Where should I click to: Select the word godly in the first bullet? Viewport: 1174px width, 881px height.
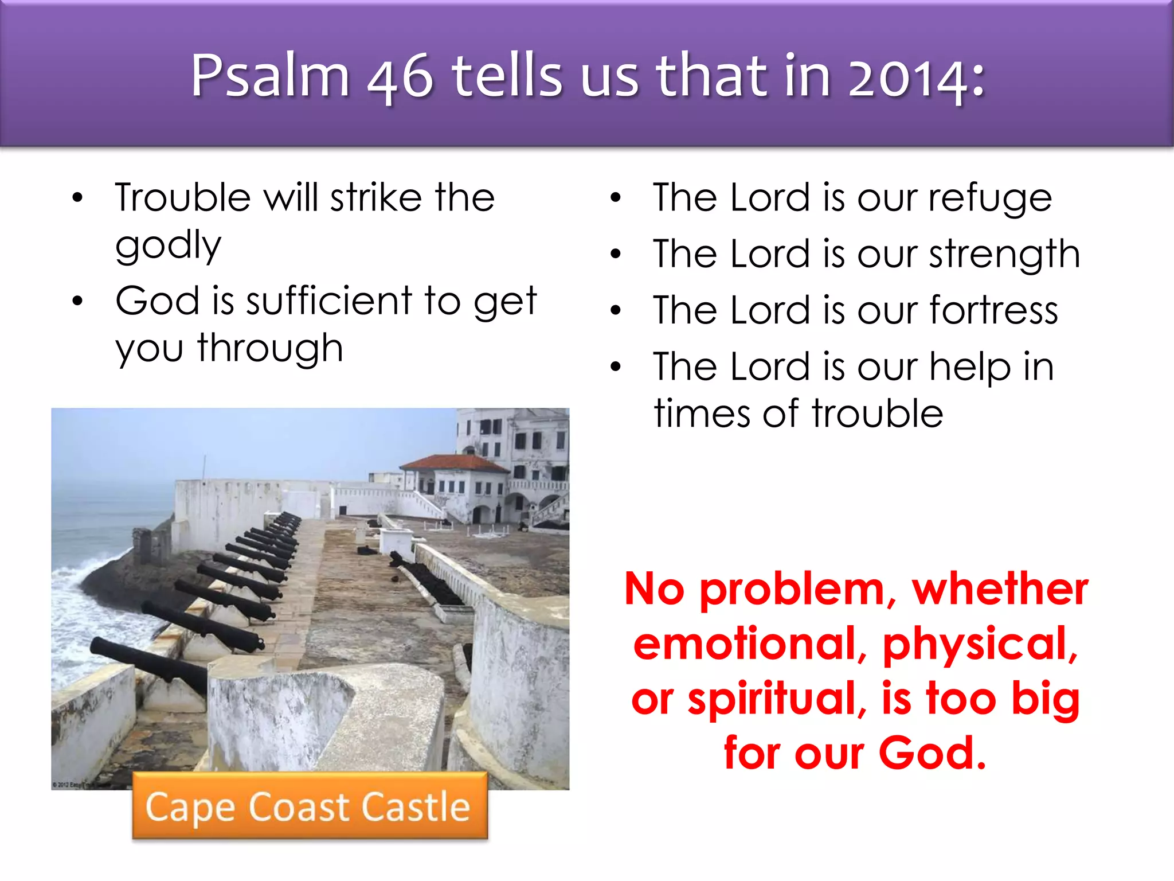click(x=168, y=245)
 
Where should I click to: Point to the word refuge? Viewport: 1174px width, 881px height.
click(x=990, y=198)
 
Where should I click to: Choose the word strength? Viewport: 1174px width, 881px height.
click(x=1004, y=254)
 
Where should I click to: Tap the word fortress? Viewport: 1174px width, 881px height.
click(x=993, y=310)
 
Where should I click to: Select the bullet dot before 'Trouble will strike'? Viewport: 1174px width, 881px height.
click(x=78, y=198)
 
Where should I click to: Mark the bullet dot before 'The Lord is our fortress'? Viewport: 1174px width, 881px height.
click(x=616, y=310)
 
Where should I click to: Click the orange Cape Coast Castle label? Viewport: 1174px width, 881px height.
click(x=310, y=806)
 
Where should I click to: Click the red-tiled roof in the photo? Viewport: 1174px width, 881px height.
click(x=453, y=462)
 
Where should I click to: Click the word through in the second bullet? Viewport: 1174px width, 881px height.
click(x=270, y=348)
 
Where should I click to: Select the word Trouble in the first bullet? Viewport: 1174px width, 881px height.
click(x=183, y=198)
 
